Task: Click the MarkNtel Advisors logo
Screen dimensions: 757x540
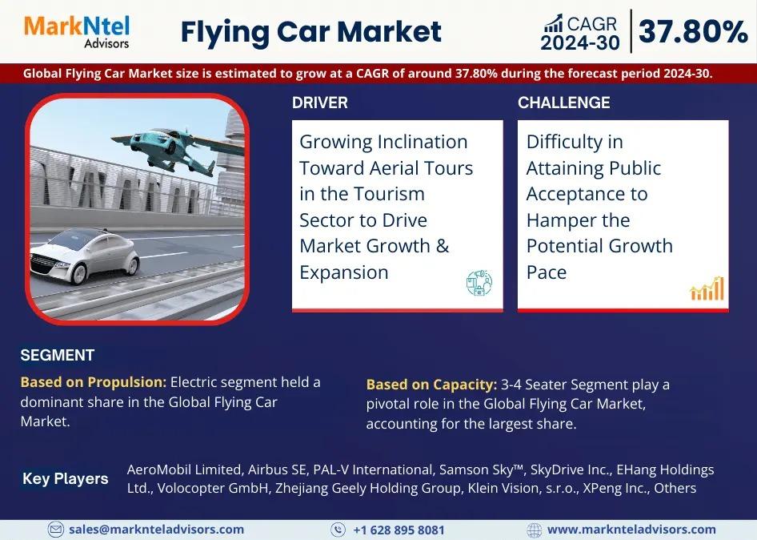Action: (77, 32)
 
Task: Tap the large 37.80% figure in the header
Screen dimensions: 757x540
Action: (693, 31)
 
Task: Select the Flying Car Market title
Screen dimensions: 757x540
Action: (311, 32)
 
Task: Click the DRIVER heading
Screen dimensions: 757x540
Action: (319, 103)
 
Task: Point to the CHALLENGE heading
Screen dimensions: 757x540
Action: (564, 103)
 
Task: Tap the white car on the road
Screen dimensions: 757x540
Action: (85, 256)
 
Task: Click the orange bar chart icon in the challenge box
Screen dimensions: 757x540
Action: (707, 288)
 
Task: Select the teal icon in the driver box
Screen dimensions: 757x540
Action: (479, 282)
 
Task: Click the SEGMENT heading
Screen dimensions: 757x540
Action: (57, 356)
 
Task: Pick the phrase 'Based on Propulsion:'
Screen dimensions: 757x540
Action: (93, 382)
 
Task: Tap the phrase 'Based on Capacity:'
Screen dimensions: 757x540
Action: (431, 385)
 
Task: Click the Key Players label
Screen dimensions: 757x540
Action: (65, 478)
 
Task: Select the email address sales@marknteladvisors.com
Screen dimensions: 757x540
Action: (156, 530)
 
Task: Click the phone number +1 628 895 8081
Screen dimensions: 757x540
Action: (399, 530)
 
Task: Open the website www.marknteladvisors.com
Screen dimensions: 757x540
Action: (631, 530)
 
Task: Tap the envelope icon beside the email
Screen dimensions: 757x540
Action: (55, 530)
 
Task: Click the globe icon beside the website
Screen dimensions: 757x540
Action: (534, 530)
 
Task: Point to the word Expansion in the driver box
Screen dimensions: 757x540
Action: (344, 272)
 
